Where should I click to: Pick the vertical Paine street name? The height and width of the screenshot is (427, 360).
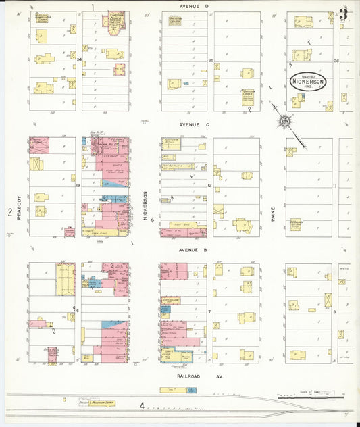274,214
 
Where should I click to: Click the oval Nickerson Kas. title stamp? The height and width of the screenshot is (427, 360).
309,82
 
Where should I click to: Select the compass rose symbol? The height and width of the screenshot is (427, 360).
285,121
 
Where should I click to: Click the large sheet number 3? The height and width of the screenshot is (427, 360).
344,14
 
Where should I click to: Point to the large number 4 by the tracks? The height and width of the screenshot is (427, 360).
142,406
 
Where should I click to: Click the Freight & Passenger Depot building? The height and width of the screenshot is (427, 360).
99,403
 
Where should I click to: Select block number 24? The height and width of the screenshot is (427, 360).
80,59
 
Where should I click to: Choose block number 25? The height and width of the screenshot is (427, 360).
211,61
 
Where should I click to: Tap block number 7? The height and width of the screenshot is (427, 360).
210,311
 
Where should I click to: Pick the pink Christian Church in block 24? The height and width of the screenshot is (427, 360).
114,20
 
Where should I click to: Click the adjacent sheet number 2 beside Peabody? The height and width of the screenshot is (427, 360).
9,213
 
